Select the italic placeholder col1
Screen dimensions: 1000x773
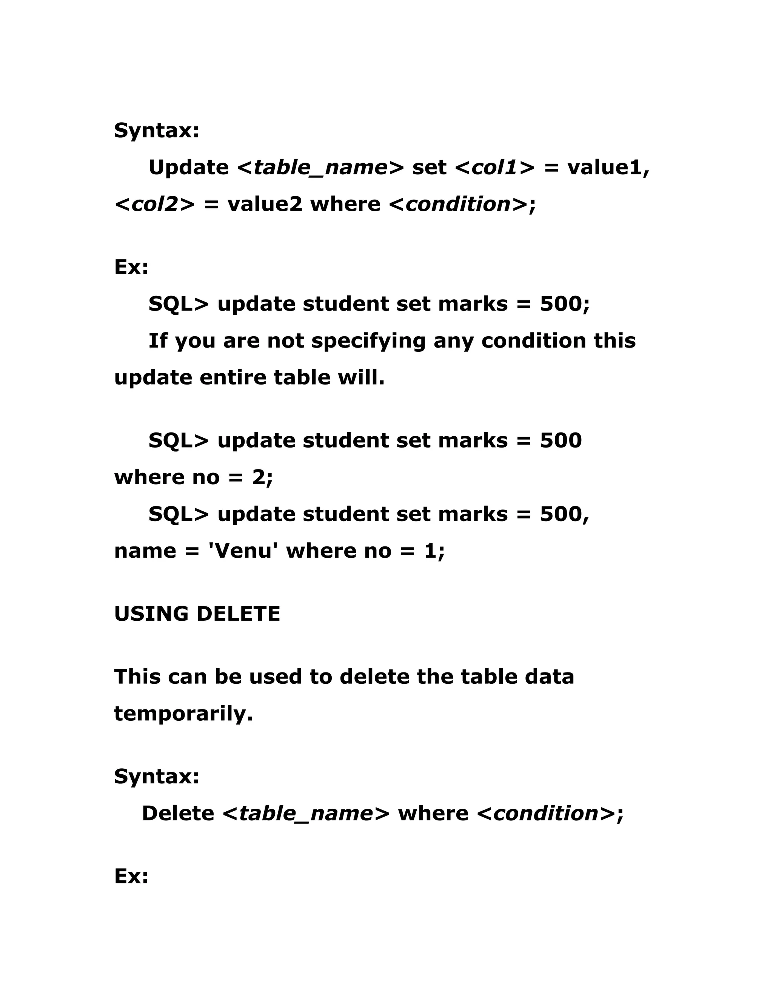[x=494, y=168]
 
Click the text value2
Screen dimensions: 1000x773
[x=265, y=204]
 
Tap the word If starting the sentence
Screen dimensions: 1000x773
[x=157, y=341]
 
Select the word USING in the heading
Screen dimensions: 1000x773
[x=151, y=614]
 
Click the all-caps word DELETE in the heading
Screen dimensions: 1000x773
[x=238, y=614]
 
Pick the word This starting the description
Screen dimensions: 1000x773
[x=137, y=677]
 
